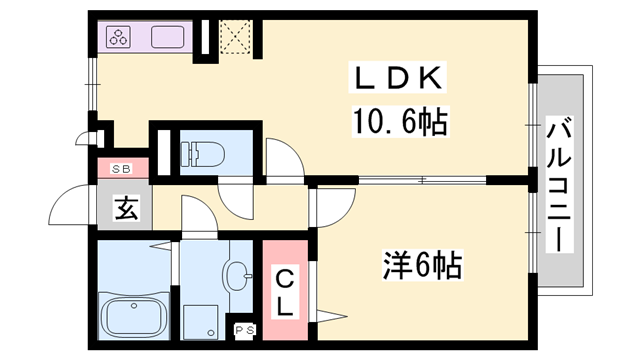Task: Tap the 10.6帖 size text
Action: click(397, 123)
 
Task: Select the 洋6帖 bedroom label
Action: click(420, 267)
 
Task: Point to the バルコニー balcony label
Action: click(561, 184)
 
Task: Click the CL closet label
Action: click(284, 290)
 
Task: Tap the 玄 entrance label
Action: click(125, 210)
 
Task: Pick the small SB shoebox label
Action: click(123, 169)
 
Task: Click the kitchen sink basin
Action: click(167, 39)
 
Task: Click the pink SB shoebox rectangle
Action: click(123, 169)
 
